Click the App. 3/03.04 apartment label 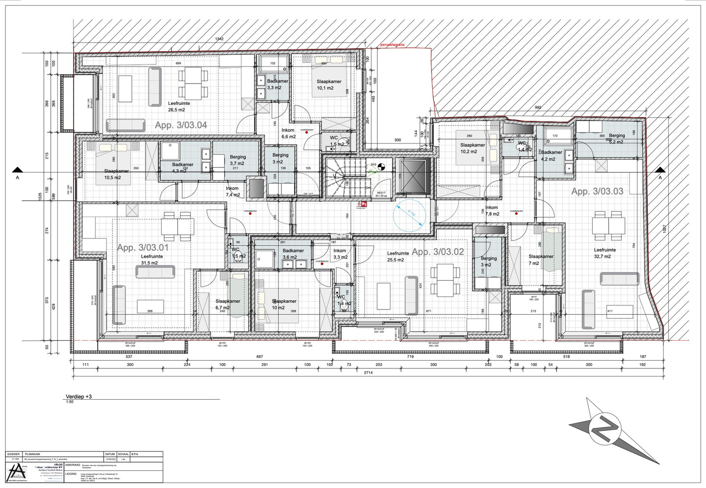click(181, 125)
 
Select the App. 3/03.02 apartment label click(438, 252)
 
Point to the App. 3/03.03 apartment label click(597, 192)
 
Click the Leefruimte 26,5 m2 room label click(179, 106)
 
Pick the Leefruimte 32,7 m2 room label click(605, 253)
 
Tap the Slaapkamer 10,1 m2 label click(328, 85)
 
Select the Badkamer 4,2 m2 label click(552, 155)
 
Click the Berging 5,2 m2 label click(617, 139)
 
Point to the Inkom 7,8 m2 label click(492, 211)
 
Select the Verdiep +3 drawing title click(79, 397)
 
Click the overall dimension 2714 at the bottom click(368, 373)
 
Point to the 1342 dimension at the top click(219, 39)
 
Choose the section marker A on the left click(18, 174)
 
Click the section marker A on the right click(660, 174)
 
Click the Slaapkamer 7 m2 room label click(541, 260)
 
